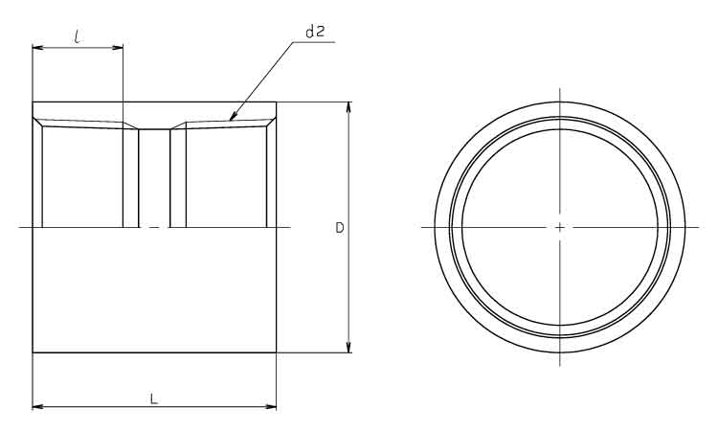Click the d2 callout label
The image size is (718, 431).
tap(315, 32)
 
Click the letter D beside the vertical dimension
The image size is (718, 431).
tap(339, 228)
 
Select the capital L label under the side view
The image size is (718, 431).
tap(154, 398)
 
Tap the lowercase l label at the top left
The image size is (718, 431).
tap(78, 36)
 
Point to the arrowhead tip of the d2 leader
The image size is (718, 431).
tap(230, 120)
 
